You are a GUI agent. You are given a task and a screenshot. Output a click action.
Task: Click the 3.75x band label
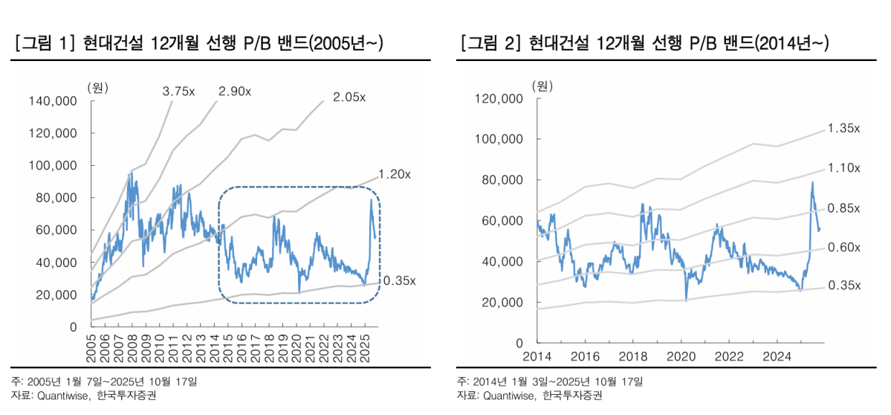tap(179, 91)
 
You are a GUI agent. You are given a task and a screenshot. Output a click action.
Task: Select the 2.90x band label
tap(235, 91)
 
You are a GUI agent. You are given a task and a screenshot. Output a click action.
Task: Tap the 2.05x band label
tap(349, 97)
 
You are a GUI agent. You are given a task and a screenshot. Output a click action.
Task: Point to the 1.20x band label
tap(395, 174)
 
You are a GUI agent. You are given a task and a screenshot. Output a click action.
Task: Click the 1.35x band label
tap(843, 128)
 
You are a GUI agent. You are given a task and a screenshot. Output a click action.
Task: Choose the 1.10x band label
tap(843, 168)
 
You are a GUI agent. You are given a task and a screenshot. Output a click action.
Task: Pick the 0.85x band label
tap(843, 207)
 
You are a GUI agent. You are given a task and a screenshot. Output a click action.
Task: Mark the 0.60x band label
tap(843, 247)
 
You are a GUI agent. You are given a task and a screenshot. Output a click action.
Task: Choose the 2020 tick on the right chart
tap(681, 356)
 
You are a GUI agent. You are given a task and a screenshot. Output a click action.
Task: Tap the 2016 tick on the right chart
tap(585, 356)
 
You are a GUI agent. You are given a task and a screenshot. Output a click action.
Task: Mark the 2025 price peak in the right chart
tap(812, 182)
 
